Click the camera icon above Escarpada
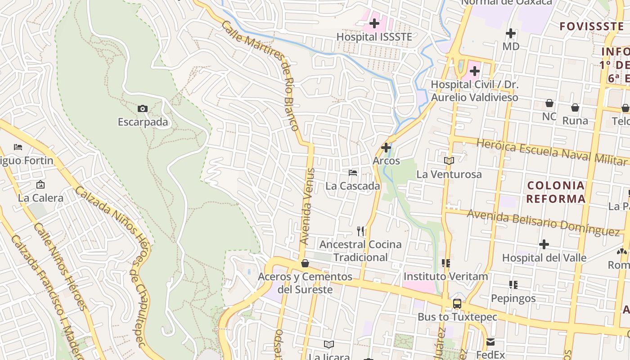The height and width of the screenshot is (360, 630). point(142,108)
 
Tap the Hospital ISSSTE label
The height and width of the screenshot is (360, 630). point(374,37)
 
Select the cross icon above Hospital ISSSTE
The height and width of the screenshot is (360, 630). point(374,23)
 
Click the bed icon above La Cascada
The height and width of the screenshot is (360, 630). point(353,172)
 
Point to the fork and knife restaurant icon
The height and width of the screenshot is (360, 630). point(360,231)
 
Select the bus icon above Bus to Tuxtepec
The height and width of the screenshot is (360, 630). point(457,304)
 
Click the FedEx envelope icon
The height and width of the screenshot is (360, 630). point(490,342)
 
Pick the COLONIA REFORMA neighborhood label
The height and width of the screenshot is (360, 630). point(556,192)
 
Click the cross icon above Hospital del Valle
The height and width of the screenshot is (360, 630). point(544,244)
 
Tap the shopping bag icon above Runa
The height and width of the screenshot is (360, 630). point(575,108)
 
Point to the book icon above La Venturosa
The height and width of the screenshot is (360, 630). point(449,161)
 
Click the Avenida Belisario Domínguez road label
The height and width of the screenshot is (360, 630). point(543,223)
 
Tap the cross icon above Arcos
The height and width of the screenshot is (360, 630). point(386,147)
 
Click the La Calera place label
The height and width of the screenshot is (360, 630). point(40,198)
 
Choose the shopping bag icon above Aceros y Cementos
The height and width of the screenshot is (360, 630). point(305,263)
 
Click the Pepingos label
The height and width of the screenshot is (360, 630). point(513,298)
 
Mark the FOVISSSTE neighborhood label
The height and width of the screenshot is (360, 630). point(591,26)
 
